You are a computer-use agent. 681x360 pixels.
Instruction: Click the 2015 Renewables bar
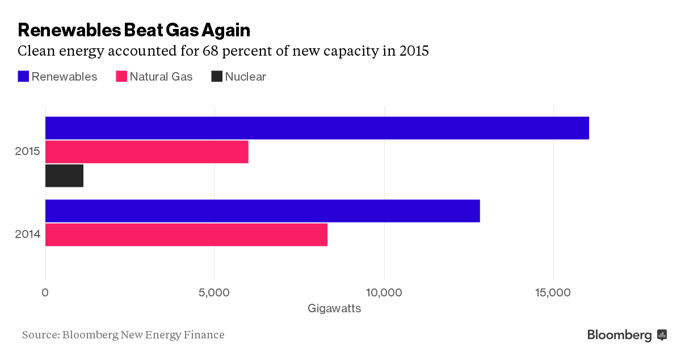317,128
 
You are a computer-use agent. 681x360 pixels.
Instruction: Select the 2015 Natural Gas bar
146,152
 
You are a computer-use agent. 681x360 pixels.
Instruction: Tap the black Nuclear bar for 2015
64,175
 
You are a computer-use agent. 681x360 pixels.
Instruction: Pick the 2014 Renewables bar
262,211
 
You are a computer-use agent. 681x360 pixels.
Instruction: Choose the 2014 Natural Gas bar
186,235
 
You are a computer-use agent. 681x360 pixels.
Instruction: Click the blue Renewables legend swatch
23,77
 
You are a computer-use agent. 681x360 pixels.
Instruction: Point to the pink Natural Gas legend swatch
121,77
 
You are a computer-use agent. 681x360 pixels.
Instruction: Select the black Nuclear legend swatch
217,77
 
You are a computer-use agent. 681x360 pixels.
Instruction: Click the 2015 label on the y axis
27,152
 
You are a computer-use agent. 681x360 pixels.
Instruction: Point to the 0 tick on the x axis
45,292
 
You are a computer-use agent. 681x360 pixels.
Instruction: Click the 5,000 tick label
215,292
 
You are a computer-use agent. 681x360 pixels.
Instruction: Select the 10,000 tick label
384,292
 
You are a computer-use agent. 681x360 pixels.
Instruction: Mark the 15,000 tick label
553,292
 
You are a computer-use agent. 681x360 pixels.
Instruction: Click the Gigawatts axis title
334,309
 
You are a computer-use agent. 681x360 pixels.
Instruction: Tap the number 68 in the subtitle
211,51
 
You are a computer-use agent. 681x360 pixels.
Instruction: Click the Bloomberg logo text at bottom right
619,335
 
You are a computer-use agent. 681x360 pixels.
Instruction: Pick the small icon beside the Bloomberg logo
662,335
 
